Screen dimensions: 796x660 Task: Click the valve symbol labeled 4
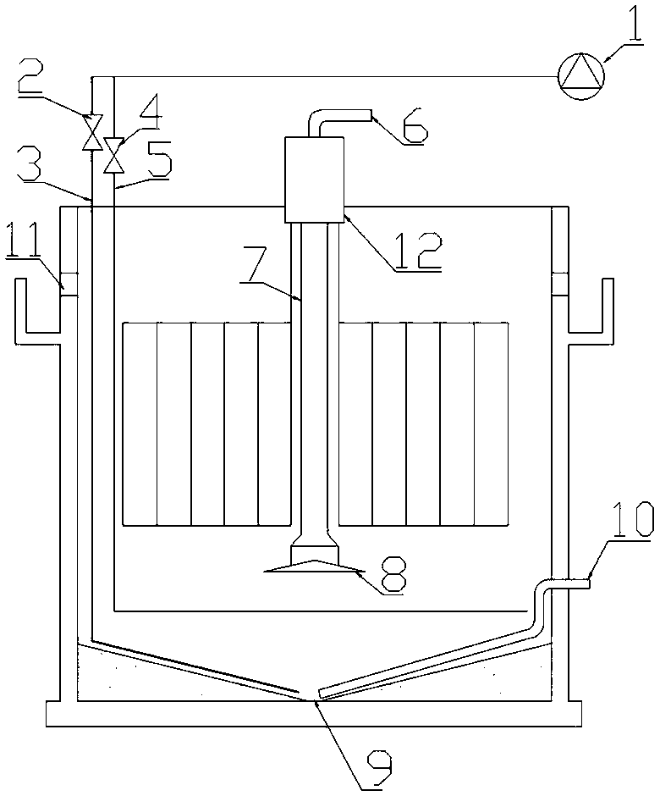click(113, 155)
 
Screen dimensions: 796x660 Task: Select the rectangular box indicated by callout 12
click(315, 179)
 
